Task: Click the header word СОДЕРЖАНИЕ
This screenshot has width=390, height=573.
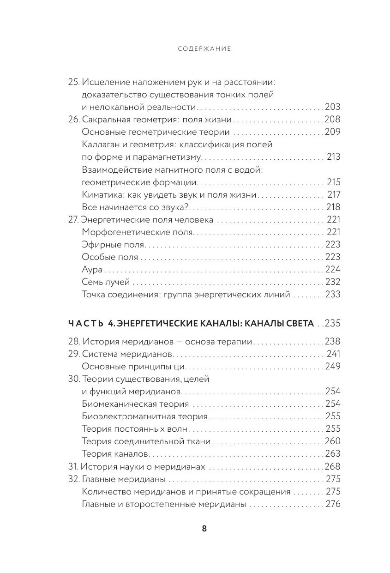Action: pyautogui.click(x=204, y=48)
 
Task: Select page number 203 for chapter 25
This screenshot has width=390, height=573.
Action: pyautogui.click(x=333, y=107)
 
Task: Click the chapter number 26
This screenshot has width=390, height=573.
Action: pyautogui.click(x=73, y=120)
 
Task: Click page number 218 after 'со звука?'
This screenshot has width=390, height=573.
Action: pyautogui.click(x=333, y=207)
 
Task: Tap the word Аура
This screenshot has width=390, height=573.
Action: pyautogui.click(x=92, y=270)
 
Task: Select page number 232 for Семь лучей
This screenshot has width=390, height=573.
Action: pyautogui.click(x=333, y=282)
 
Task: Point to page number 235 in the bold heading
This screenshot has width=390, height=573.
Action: pyautogui.click(x=332, y=323)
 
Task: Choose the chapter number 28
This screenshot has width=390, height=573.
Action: pyautogui.click(x=74, y=342)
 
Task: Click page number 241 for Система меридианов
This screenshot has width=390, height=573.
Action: pyautogui.click(x=333, y=354)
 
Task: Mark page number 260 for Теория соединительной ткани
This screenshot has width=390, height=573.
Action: pyautogui.click(x=333, y=441)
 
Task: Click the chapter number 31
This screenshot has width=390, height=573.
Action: pyautogui.click(x=73, y=466)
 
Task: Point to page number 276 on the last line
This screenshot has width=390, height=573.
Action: pyautogui.click(x=333, y=504)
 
